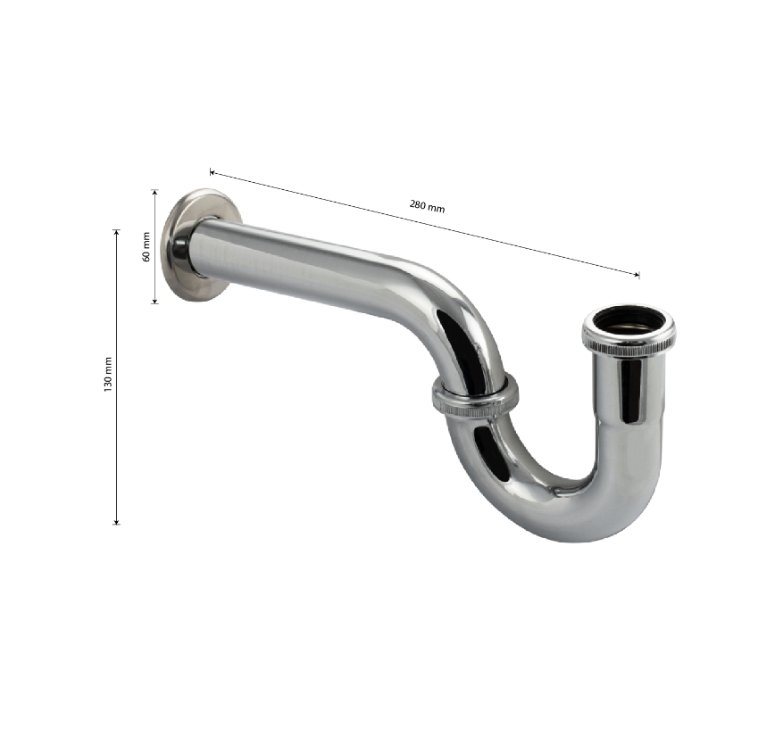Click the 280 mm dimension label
coord(427,205)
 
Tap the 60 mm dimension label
coord(146,246)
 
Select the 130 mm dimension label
coord(108,375)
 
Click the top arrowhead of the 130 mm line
coord(117,232)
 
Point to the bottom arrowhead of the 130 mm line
coord(117,521)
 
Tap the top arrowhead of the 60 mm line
coord(154,193)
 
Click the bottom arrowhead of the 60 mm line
coord(154,300)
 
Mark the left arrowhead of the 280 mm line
coord(212,172)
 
